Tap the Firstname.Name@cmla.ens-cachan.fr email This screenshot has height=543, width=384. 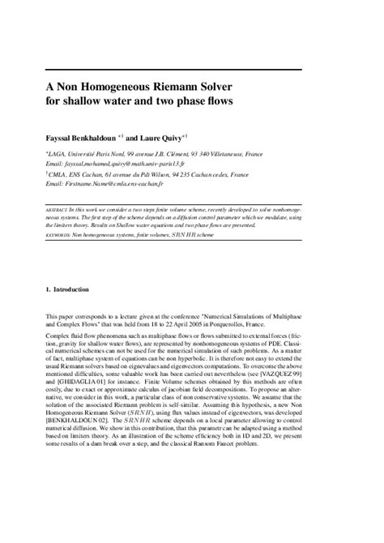pyautogui.click(x=115, y=184)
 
